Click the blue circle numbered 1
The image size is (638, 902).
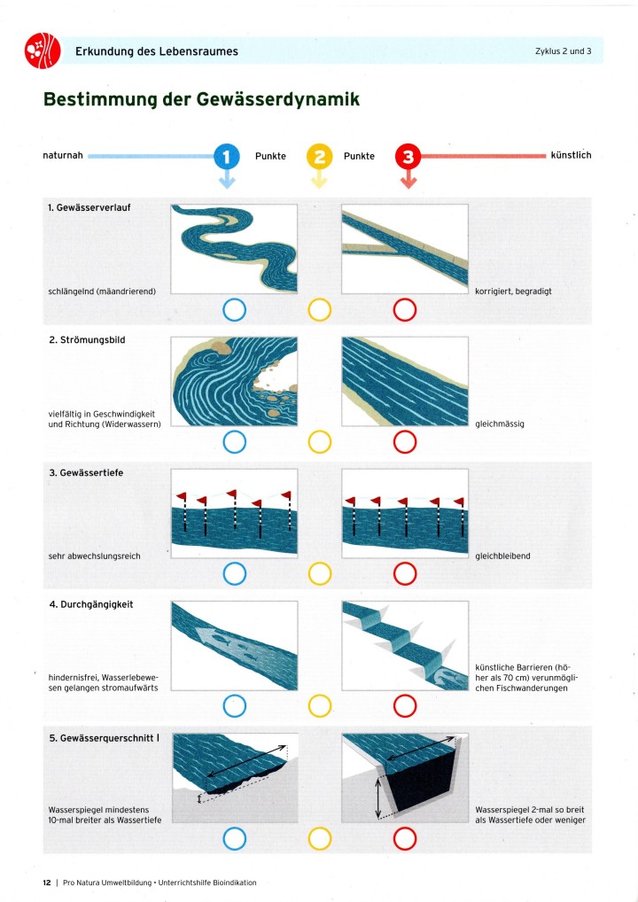coord(227,157)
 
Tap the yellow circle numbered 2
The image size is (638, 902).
coord(319,157)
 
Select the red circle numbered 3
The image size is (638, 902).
coord(408,157)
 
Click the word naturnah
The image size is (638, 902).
coord(62,156)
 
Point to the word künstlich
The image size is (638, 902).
coord(571,156)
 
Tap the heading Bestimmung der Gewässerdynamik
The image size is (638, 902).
coord(201,99)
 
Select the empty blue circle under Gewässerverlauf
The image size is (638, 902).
coord(234,310)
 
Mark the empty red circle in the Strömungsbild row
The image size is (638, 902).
coord(405,441)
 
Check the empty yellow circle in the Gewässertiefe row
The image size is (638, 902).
coord(319,574)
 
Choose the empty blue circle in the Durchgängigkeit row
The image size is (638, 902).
coord(234,706)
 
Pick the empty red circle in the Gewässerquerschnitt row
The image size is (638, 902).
coord(405,837)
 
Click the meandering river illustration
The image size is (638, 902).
coord(232,247)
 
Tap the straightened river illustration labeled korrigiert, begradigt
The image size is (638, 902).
coord(405,247)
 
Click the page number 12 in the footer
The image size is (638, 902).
coord(47,883)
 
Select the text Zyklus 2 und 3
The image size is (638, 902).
coord(563,51)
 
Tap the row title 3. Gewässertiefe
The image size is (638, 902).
coord(86,472)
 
